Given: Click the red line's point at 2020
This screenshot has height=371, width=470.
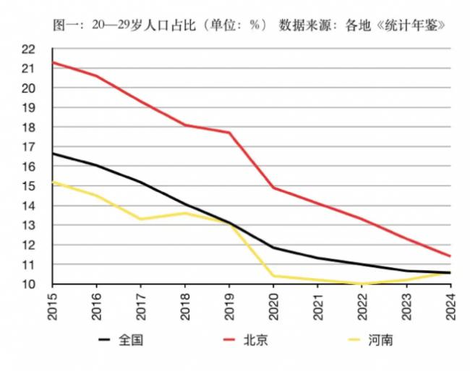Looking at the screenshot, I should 274,188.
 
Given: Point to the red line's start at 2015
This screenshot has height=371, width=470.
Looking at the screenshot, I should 54,62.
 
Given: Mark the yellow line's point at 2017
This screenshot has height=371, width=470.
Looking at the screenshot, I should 142,219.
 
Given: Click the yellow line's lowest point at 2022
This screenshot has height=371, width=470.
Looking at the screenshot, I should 362,284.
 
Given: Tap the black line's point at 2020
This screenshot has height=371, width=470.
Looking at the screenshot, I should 274,248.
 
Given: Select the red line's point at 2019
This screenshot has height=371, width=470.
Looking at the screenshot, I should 230,133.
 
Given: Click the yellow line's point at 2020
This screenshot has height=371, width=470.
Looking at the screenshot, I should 274,276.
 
